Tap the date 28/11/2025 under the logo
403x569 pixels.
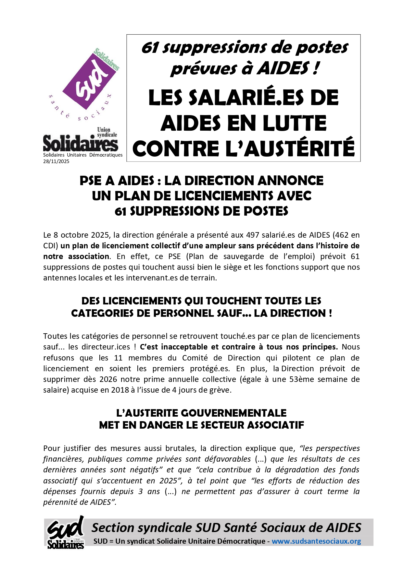pos(56,161)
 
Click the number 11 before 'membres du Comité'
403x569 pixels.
pos(118,358)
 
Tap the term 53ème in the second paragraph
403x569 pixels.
pos(300,379)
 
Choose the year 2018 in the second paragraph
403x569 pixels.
pos(120,390)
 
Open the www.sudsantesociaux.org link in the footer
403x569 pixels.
pos(316,541)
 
